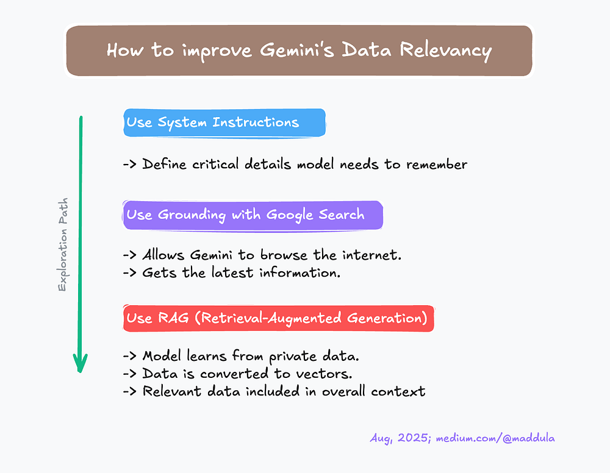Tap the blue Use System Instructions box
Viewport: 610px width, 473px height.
pos(224,123)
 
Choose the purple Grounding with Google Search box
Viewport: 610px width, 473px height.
pos(253,215)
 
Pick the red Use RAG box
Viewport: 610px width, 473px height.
pos(278,318)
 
